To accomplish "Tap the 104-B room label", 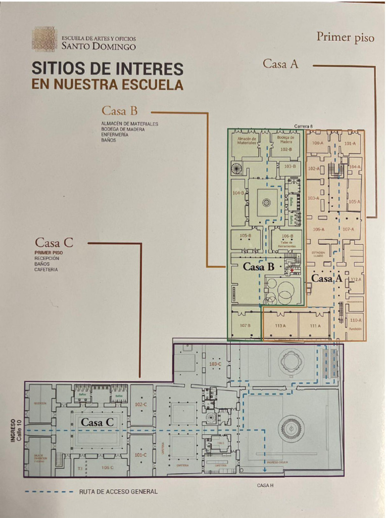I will coord(238,193).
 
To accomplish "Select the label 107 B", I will coord(246,325).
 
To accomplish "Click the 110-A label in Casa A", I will coord(355,320).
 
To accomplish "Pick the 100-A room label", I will coord(317,144).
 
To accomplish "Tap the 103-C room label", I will coord(215,364).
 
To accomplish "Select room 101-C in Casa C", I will coord(141,455).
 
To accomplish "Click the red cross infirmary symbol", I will coord(292,271).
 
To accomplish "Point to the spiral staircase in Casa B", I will coord(236,168).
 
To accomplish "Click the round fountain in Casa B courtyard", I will coord(266,202).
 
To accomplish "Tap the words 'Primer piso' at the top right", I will coord(345,37).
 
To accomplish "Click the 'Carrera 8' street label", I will coord(304,125).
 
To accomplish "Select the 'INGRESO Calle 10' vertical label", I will coord(16,429).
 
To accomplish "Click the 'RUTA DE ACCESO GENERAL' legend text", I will coord(118,491).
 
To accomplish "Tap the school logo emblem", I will coord(44,39).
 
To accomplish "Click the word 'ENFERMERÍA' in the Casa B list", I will coord(115,135).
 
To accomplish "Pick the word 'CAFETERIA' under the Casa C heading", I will coord(46,270).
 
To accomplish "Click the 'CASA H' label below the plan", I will coord(265,486).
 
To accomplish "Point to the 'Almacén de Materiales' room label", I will coord(247,140).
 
